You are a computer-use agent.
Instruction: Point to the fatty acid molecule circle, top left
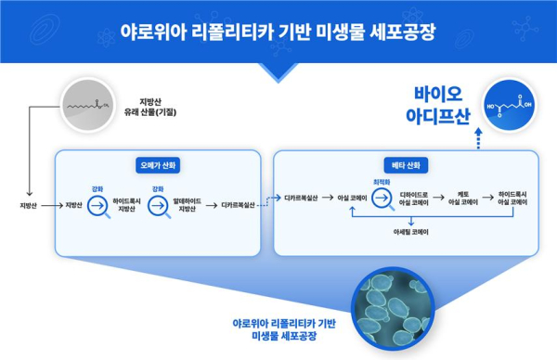click(x=94, y=109)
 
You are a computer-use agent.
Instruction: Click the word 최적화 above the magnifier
click(x=381, y=183)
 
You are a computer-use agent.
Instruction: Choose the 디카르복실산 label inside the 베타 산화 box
click(x=302, y=199)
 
